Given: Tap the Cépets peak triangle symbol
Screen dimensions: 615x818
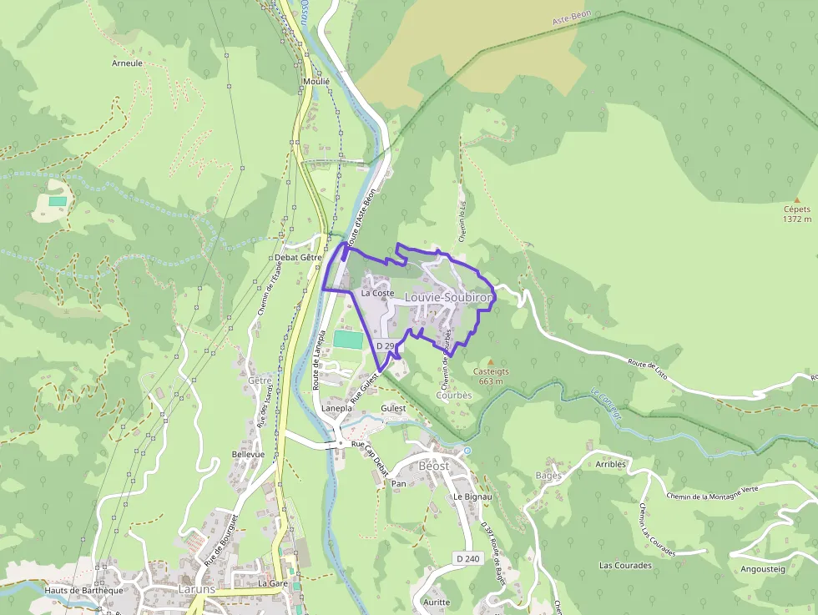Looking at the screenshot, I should tap(797, 200).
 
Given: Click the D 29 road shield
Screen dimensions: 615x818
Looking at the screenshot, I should tap(385, 345).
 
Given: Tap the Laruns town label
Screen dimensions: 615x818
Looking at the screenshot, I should tap(197, 588).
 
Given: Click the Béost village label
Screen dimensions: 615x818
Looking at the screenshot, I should tap(434, 465).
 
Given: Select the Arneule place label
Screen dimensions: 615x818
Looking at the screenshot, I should tap(127, 63).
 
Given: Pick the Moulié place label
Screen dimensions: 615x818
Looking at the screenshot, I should tap(316, 82).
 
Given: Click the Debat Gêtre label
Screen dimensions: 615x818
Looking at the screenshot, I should tap(299, 258).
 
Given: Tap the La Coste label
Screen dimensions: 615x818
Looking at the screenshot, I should tap(377, 293).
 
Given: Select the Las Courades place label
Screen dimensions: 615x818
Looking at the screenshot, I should tap(625, 565).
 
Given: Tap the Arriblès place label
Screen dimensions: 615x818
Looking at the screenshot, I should tap(611, 464).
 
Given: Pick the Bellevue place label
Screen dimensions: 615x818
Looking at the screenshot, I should tap(248, 454).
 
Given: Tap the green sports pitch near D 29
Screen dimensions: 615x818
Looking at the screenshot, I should tap(350, 340).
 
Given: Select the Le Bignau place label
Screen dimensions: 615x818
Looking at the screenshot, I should tap(468, 496).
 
